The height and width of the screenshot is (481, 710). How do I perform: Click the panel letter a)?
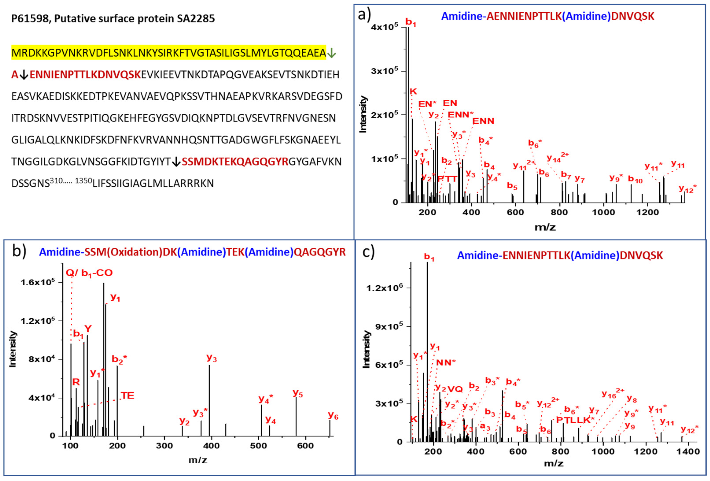364,14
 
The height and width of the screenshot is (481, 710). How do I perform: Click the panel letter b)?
19,251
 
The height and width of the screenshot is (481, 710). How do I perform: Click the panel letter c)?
368,252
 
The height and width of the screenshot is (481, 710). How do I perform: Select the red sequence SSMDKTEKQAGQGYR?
235,162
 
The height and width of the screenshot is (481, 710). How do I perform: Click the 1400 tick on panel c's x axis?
688,451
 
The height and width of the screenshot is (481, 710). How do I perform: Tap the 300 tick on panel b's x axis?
164,446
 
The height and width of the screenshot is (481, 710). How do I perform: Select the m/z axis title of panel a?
545,227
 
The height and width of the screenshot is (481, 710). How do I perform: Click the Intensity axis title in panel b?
12,349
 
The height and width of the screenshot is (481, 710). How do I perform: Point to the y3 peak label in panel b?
212,358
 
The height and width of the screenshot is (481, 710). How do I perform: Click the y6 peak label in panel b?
333,416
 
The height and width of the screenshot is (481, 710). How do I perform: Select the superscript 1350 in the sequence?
83,180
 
